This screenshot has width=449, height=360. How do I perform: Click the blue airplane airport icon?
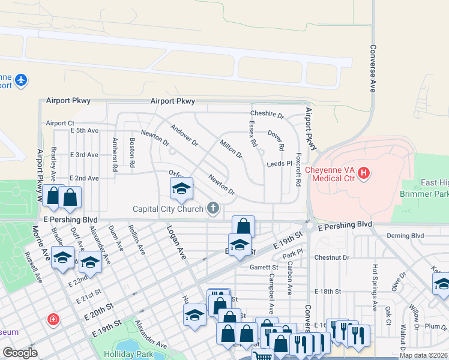coord(22,80)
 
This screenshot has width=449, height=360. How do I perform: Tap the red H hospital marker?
coord(363,174)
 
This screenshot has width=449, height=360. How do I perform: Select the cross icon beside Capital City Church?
coord(212,209)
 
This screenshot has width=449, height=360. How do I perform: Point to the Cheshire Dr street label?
coord(267,114)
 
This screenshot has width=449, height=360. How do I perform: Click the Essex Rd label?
coord(253,134)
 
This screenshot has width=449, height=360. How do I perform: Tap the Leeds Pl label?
coord(279,163)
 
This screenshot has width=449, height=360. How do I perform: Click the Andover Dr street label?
coord(184,136)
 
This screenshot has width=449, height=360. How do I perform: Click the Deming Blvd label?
coord(405,236)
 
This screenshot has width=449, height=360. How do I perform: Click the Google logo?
coord(20,353)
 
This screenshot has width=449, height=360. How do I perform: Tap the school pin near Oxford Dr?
coord(181,190)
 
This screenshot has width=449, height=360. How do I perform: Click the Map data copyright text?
coord(423,355)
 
